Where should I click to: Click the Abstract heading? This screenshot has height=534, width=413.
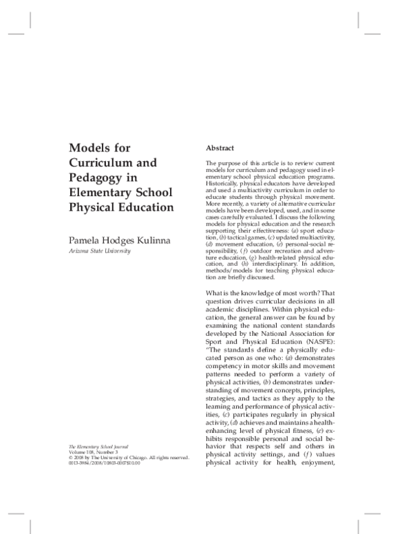[220, 148]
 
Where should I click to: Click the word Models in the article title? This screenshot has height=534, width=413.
[89, 148]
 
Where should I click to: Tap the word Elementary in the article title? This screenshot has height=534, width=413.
[99, 193]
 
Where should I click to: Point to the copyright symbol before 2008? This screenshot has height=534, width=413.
[71, 458]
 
